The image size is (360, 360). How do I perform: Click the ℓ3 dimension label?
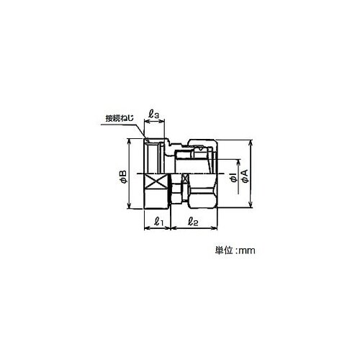point(153,114)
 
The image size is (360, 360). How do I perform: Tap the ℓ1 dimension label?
point(158,221)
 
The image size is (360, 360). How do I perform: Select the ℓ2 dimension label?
point(193,221)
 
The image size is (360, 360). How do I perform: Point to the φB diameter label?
point(123,177)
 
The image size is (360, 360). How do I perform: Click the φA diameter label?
point(245,176)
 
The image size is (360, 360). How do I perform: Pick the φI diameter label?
point(234,179)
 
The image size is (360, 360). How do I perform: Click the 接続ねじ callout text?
point(120,119)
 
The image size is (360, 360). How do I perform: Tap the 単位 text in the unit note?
point(224,251)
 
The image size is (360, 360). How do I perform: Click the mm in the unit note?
point(247,251)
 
